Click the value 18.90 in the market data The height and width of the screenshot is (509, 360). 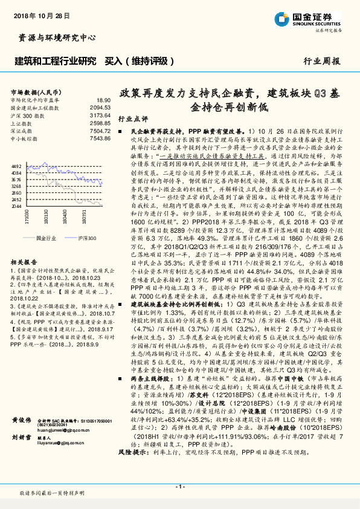pyautogui.click(x=103, y=100)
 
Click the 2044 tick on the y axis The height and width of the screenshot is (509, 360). pyautogui.click(x=17, y=206)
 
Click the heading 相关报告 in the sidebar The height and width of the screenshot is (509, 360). pyautogui.click(x=25, y=261)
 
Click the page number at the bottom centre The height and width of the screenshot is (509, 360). pyautogui.click(x=179, y=487)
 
